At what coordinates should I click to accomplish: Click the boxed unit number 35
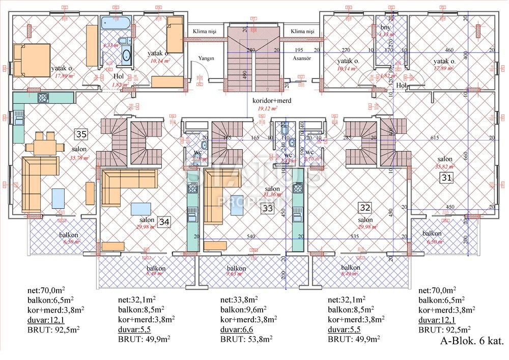(80, 134)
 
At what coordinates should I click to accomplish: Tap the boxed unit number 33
(267, 208)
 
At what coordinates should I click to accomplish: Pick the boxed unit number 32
(364, 207)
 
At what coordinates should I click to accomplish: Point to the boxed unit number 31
(446, 178)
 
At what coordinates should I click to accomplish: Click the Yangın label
(206, 58)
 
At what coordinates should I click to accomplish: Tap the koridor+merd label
(272, 101)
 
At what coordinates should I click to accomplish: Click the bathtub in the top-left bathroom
(116, 23)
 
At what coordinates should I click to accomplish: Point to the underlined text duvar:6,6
(235, 328)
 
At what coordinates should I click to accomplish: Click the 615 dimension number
(434, 138)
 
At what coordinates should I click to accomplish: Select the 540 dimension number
(250, 236)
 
